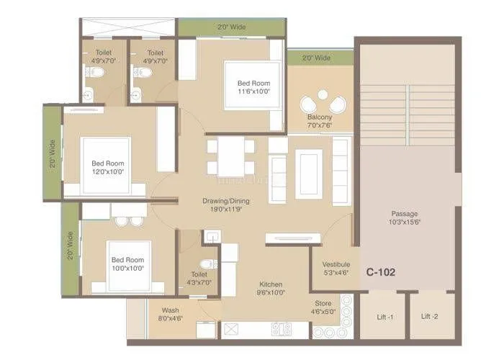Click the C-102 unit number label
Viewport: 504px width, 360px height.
pyautogui.click(x=380, y=273)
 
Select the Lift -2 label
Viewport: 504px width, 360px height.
pyautogui.click(x=430, y=318)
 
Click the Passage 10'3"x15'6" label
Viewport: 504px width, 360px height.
pyautogui.click(x=404, y=217)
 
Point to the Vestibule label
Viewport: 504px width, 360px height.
pyautogui.click(x=336, y=268)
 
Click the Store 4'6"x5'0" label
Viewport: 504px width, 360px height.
pyautogui.click(x=323, y=307)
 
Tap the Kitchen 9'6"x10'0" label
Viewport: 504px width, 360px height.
pyautogui.click(x=271, y=288)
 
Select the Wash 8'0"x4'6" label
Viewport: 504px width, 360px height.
pyautogui.click(x=171, y=314)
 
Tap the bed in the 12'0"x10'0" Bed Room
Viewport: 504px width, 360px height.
pyautogui.click(x=106, y=166)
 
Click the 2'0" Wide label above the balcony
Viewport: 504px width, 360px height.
pyautogui.click(x=317, y=58)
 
